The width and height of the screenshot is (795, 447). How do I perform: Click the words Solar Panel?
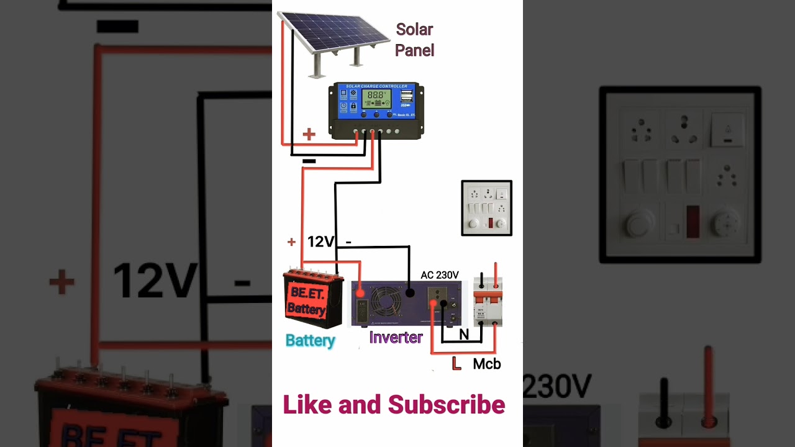414,40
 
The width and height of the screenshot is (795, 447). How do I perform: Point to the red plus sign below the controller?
309,134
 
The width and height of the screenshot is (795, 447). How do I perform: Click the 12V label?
321,242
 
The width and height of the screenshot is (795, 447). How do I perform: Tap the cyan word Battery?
310,340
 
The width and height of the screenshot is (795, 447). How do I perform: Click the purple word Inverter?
396,338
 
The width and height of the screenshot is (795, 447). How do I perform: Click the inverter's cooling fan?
386,304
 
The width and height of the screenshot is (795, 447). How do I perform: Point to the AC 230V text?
440,275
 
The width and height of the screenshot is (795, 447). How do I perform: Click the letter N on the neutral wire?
464,335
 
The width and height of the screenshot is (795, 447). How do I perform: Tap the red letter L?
457,364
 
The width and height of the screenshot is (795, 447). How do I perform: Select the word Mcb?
487,364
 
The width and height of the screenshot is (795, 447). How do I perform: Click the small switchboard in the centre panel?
486,208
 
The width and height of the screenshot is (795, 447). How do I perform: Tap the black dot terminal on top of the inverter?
409,292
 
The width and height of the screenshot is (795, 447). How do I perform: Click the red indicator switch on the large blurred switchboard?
693,221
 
